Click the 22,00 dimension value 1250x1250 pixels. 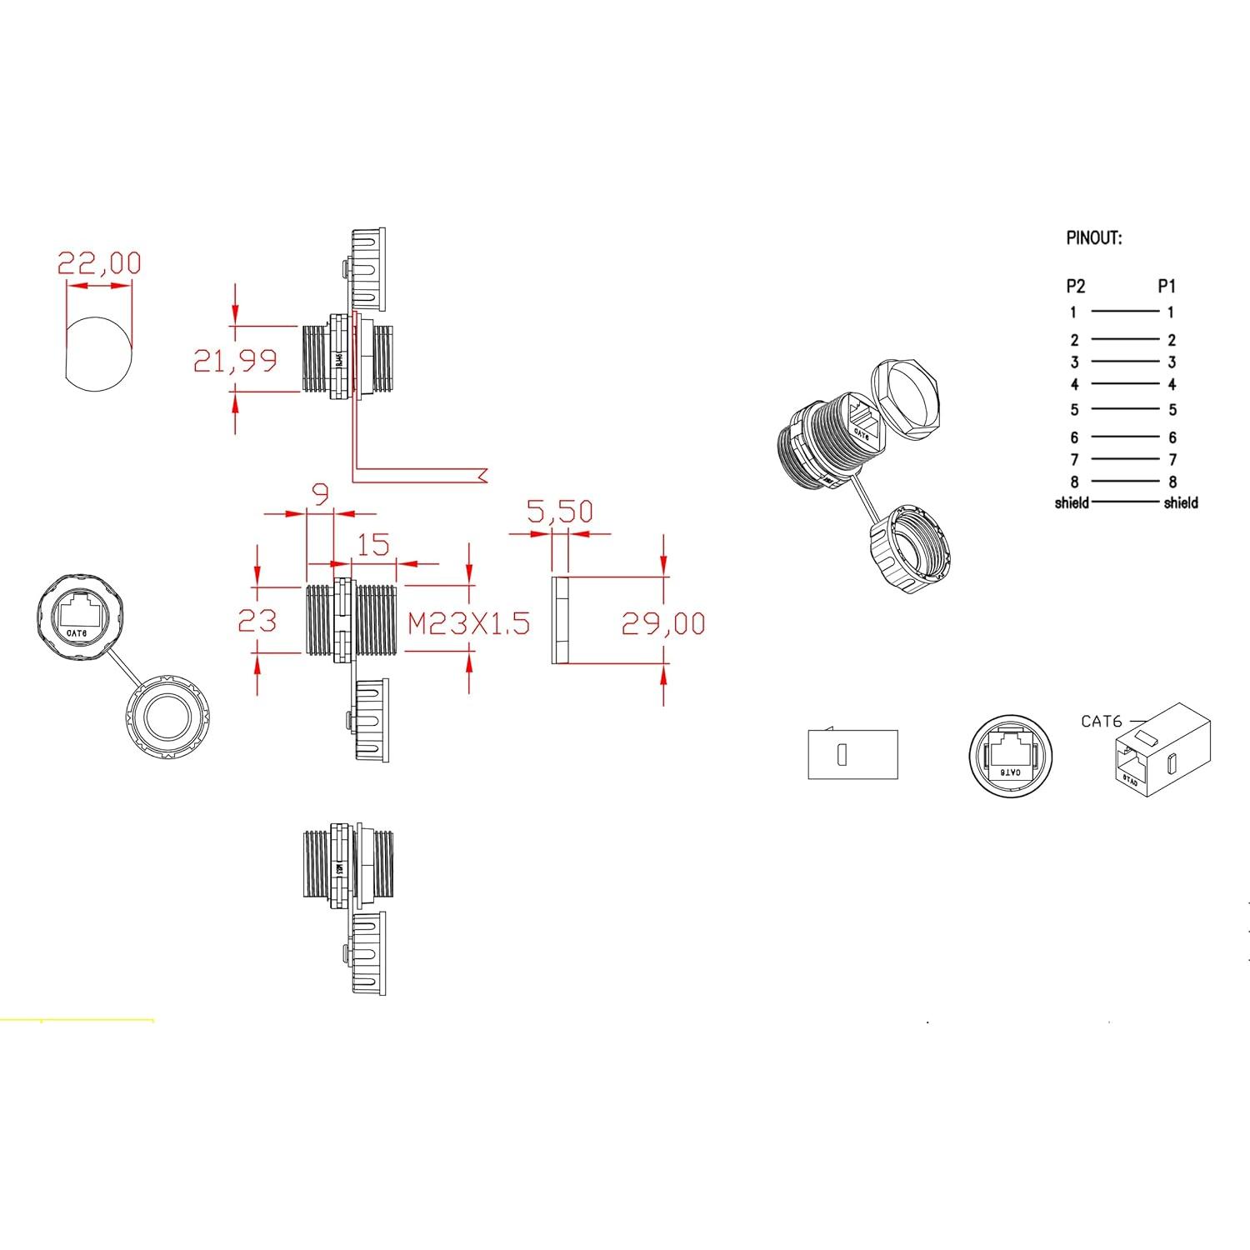click(x=99, y=263)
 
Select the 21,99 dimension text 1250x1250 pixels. click(x=235, y=361)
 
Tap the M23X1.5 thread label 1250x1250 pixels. click(x=469, y=623)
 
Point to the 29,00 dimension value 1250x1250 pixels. click(x=663, y=623)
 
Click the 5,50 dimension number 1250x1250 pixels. click(x=560, y=512)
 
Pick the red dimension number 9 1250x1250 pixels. click(x=320, y=495)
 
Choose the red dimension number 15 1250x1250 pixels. click(x=372, y=545)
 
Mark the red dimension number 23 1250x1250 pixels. click(x=257, y=621)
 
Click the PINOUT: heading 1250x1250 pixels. click(x=1094, y=238)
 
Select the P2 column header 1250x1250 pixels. click(x=1076, y=287)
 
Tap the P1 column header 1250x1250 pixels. click(x=1167, y=287)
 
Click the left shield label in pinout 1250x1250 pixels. click(x=1072, y=502)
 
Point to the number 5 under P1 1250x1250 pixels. click(x=1172, y=410)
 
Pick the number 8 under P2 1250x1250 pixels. click(x=1074, y=482)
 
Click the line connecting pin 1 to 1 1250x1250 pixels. click(x=1124, y=312)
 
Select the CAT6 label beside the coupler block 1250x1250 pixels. click(x=1101, y=722)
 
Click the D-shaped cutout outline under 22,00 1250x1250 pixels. click(x=98, y=353)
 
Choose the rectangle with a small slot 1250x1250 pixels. click(x=852, y=755)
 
